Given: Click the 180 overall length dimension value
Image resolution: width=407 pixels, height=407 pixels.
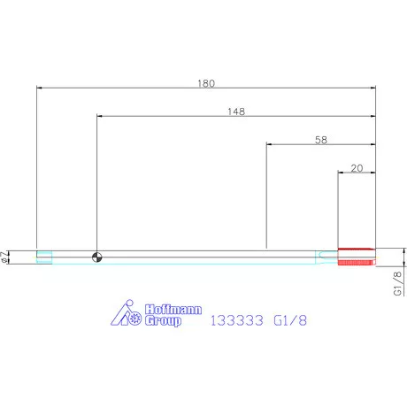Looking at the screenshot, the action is [206, 83].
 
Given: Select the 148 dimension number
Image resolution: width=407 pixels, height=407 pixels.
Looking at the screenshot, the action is [236, 111].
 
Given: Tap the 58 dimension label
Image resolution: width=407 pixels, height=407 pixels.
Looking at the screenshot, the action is [321, 140].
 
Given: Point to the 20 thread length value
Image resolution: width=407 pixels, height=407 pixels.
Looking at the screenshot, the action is [357, 168].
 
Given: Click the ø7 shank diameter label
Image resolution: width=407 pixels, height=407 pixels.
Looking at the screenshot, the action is [4, 257].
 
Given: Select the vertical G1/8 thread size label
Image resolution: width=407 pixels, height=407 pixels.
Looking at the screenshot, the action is [397, 283].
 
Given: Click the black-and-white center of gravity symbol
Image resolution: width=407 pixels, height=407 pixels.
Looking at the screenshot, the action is [97, 257].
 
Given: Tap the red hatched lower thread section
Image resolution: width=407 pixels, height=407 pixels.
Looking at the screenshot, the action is [357, 263].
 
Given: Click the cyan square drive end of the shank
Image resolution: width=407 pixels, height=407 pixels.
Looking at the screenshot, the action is [44, 257].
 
